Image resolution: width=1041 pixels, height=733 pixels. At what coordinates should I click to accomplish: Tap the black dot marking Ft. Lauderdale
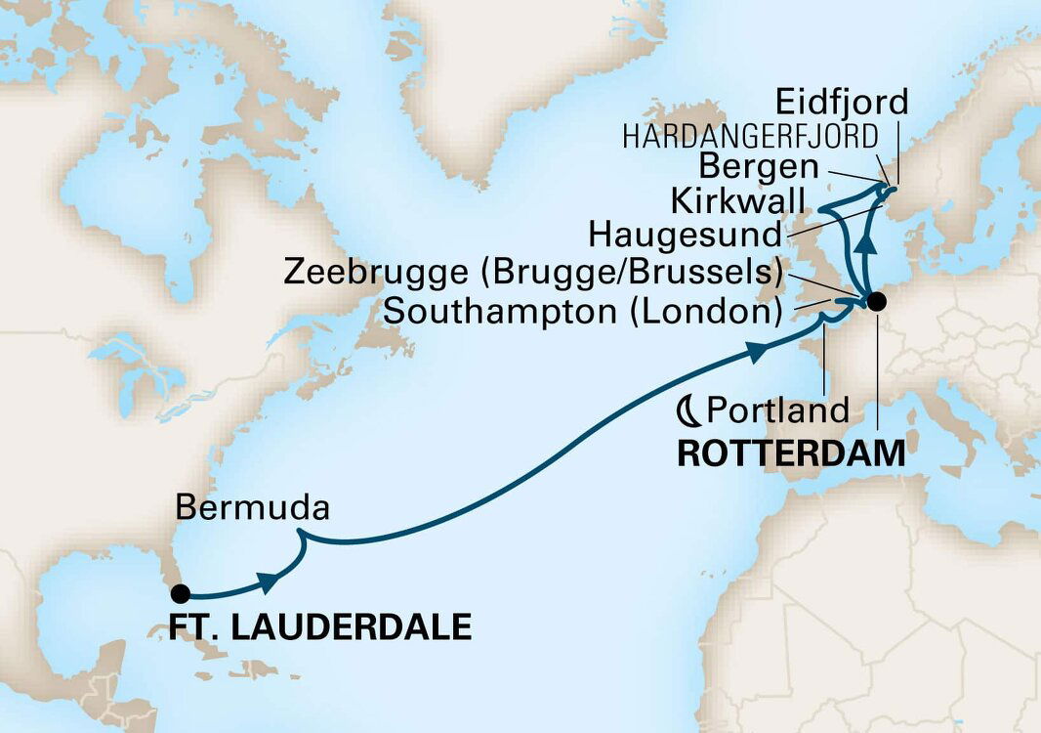(179, 592)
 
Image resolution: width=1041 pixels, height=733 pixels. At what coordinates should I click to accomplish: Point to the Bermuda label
(253, 508)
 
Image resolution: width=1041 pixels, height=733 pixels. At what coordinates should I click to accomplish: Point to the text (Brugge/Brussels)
(629, 273)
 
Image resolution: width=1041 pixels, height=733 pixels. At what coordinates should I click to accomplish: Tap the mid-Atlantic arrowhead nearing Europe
(757, 350)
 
